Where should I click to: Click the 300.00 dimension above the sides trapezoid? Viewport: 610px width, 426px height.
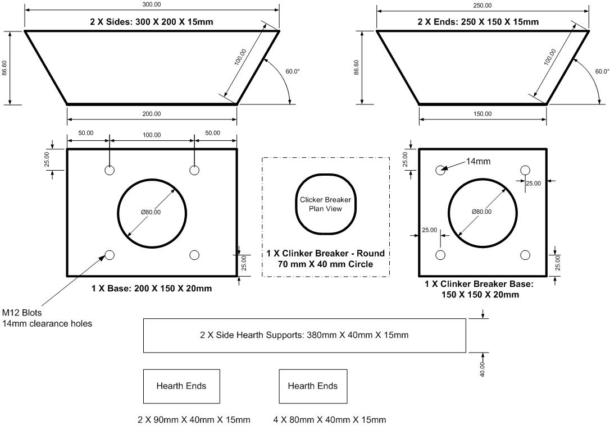tap(152, 4)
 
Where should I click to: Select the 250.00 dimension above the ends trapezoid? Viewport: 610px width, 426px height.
tap(482, 5)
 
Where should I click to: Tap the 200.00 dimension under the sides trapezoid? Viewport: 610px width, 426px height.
tap(152, 114)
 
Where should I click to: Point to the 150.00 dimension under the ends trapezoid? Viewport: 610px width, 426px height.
tap(482, 114)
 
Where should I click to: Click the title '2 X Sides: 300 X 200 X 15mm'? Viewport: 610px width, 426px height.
tap(152, 22)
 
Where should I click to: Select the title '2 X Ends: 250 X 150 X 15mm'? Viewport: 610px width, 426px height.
tap(482, 22)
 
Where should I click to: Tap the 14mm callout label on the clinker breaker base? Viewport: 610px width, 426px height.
tap(478, 162)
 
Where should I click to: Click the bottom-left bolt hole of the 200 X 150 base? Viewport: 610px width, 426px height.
tap(110, 255)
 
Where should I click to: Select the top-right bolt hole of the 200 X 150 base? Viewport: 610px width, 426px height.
tap(194, 170)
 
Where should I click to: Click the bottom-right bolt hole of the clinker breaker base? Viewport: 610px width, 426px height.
tap(525, 255)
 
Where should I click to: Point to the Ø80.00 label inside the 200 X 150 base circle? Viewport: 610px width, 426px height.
tap(152, 212)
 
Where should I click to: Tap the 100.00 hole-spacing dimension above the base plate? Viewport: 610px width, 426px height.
tap(152, 135)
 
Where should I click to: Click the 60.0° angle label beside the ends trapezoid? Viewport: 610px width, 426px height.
tap(602, 71)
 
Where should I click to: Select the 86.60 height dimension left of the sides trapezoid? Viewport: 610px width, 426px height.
tap(5, 68)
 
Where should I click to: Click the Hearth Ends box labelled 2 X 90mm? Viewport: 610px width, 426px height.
tap(181, 386)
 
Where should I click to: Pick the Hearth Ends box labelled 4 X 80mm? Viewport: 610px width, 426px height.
tap(313, 386)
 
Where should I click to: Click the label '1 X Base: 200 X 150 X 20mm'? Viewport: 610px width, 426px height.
tap(152, 288)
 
